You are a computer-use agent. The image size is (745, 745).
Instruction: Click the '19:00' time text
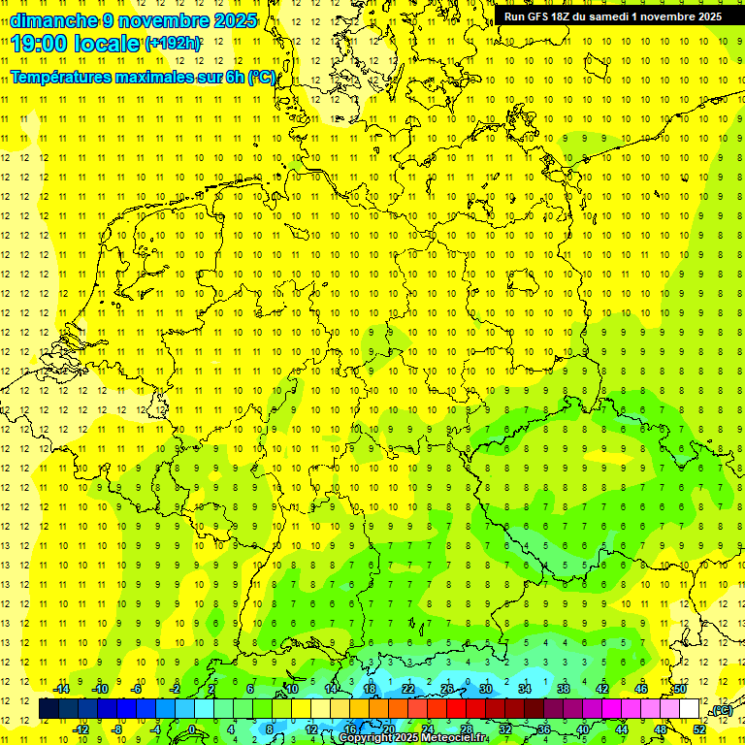click(43, 43)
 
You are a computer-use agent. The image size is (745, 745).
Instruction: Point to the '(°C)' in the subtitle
click(262, 77)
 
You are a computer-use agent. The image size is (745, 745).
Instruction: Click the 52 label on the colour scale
click(699, 729)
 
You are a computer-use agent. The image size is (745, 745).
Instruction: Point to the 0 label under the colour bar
click(192, 729)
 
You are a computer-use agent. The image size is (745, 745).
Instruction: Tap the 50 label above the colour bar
click(680, 689)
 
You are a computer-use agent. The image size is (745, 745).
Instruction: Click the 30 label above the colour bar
click(486, 689)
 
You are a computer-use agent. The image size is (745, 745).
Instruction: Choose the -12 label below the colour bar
click(81, 729)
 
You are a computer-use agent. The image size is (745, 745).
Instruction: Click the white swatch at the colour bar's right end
click(689, 709)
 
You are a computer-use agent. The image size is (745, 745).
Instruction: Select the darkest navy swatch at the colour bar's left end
click(49, 709)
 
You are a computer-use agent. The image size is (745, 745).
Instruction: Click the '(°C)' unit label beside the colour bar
click(721, 711)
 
